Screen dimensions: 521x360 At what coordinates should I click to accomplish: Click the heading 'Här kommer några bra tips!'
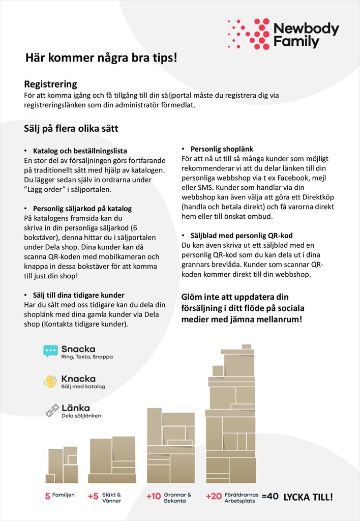[x=102, y=58]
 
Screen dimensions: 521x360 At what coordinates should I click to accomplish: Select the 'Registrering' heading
[x=50, y=84]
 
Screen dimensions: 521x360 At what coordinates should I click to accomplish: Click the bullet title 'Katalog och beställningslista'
[x=80, y=151]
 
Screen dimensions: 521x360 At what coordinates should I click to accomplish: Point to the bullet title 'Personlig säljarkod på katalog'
[x=82, y=209]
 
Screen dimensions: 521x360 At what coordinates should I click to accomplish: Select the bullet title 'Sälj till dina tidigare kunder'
[x=78, y=295]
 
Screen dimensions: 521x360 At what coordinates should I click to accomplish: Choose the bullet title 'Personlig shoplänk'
[x=222, y=149]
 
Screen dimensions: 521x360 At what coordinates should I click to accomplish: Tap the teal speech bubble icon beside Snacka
[x=50, y=351]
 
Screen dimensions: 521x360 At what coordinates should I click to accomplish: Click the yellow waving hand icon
[x=50, y=381]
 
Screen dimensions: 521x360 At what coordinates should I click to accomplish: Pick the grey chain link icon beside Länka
[x=52, y=411]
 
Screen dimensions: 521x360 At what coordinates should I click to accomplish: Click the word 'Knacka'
[x=78, y=379]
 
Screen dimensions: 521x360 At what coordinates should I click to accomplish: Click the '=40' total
[x=270, y=497]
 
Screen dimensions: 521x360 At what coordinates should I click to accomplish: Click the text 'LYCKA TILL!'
[x=308, y=497]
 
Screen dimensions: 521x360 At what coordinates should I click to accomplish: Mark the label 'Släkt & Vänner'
[x=111, y=497]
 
